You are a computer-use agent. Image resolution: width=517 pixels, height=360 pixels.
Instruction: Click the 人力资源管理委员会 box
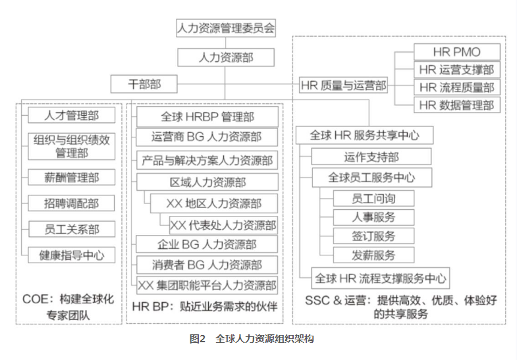coord(226,28)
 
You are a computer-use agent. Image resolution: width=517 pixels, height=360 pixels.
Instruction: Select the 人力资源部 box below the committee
coord(226,57)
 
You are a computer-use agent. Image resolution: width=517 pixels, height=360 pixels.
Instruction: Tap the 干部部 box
coord(144,84)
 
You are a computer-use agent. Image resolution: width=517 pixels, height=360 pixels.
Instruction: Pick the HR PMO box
coord(456,52)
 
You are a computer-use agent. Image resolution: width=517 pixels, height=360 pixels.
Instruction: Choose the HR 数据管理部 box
coord(456,104)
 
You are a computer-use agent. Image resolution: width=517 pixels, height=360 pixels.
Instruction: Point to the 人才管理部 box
coord(71,115)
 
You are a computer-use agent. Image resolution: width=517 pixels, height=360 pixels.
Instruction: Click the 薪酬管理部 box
coord(71,177)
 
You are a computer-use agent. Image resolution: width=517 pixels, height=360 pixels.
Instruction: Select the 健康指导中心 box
coord(71,255)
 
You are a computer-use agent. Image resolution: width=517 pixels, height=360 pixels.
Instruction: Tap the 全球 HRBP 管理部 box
coord(207,117)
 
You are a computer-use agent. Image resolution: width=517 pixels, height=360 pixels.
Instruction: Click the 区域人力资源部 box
coord(207,182)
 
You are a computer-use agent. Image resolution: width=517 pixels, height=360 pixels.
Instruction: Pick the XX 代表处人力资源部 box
coord(223,224)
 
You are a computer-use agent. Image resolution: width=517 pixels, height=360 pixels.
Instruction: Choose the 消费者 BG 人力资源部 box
coord(207,265)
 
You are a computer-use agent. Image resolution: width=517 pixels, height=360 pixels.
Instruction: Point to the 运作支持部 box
coord(371,157)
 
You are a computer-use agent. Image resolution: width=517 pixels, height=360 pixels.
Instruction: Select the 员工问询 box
coord(373,197)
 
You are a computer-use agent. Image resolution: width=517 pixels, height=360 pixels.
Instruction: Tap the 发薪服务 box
coord(373,254)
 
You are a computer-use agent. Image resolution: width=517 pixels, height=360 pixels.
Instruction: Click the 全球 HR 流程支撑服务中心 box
coord(381,277)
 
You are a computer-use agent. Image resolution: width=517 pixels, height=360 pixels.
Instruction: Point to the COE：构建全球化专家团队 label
coord(68,306)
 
